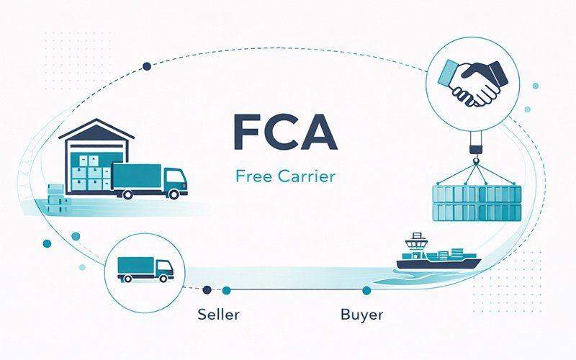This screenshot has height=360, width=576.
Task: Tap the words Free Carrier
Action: coord(285,176)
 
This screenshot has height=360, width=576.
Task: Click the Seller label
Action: coord(218,315)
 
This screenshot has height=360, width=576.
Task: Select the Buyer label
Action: coord(361,315)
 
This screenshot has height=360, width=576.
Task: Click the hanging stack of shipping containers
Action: coord(474,202)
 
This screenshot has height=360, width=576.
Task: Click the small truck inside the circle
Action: coord(145,269)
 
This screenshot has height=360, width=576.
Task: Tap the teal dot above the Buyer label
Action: coord(366,290)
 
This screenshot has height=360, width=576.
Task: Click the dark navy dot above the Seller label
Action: coord(207,290)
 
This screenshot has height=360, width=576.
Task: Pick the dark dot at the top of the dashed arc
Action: coord(147,66)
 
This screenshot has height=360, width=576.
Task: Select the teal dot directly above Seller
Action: coord(226,290)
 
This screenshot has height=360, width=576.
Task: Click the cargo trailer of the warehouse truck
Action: coord(137,179)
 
